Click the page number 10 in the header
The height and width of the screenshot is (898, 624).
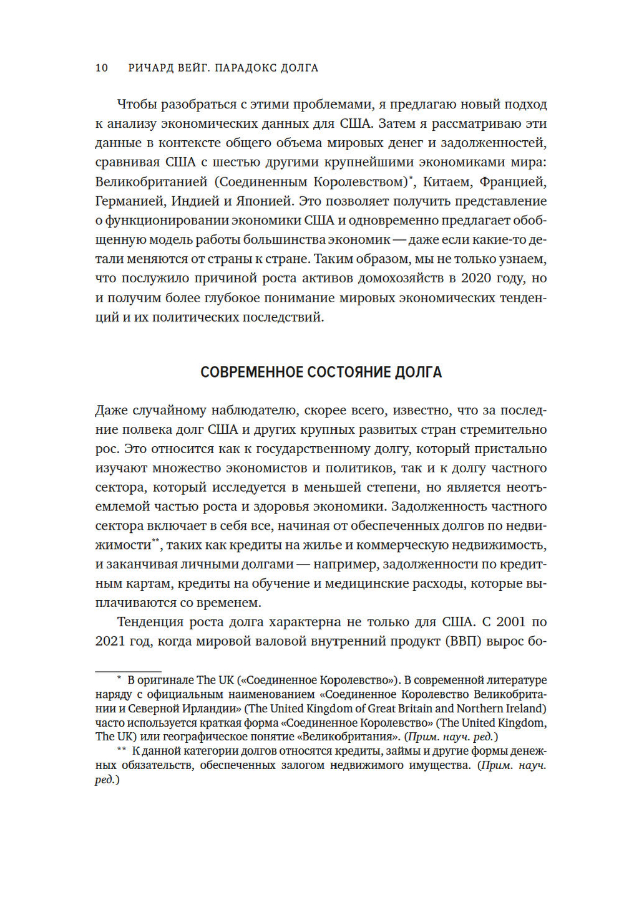click(102, 68)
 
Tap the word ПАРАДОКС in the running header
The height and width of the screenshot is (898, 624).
click(246, 68)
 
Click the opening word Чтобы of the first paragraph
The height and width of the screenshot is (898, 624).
click(138, 105)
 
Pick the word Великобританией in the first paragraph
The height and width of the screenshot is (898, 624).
click(151, 182)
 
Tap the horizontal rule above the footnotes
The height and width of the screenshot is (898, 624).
click(128, 671)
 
